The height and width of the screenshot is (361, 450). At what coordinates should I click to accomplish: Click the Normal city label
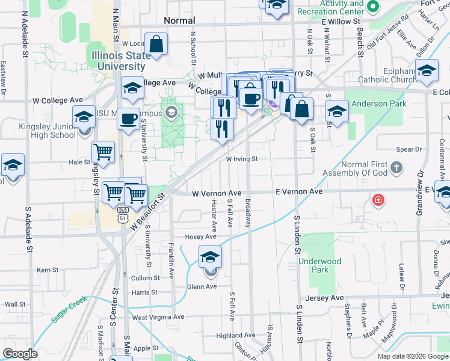[179, 20]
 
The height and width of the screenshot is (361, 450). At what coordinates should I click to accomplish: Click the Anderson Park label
[379, 103]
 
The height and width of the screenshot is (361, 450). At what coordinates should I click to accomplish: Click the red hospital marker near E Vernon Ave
[378, 200]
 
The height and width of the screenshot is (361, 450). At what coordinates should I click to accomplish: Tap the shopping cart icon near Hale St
[103, 152]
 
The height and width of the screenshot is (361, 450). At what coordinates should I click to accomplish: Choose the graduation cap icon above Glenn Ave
[210, 258]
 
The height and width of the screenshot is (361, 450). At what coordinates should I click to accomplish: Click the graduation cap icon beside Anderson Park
[337, 111]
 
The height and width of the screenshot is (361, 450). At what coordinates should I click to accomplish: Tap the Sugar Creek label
[69, 308]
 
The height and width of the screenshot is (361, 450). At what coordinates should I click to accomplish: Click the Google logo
[20, 354]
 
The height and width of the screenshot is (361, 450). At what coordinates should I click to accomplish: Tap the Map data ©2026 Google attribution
[412, 356]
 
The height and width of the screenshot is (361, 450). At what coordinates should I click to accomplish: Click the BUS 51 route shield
[123, 214]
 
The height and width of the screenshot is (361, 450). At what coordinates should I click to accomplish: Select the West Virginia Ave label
[158, 317]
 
